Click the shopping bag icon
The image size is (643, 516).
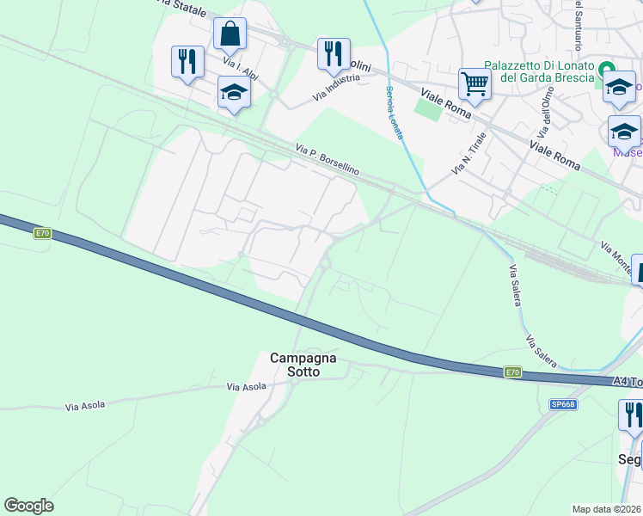click(x=230, y=35)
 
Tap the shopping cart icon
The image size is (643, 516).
click(x=475, y=84)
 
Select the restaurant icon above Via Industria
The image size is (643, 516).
click(x=334, y=54)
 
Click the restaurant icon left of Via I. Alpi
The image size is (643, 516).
click(x=187, y=62)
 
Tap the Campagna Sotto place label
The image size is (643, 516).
click(x=296, y=365)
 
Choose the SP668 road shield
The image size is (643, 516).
click(x=563, y=404)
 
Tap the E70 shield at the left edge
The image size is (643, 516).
click(x=43, y=233)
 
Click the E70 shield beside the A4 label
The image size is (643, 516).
click(x=512, y=372)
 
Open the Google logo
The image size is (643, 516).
click(x=28, y=506)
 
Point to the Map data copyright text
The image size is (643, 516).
click(x=607, y=509)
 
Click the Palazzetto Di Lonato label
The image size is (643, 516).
click(x=539, y=71)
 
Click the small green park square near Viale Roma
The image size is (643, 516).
click(x=427, y=109)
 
